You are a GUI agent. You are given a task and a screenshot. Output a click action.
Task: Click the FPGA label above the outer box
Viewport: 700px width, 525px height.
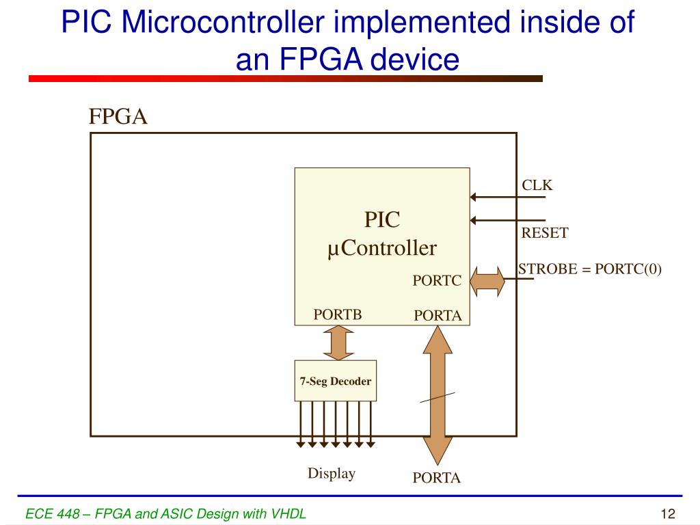point(118,117)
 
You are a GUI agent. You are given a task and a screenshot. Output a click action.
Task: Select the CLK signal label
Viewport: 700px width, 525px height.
point(537,185)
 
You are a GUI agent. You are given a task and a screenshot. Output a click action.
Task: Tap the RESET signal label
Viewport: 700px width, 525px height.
point(545,233)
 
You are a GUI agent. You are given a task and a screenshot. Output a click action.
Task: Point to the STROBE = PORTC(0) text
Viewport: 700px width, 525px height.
point(590,269)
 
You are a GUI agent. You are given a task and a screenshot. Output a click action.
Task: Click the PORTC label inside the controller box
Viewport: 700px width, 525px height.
point(437,281)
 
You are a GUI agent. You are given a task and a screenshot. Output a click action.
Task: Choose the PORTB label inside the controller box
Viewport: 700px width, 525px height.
point(337,314)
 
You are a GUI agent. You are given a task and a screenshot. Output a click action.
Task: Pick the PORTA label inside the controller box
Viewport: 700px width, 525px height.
point(438,316)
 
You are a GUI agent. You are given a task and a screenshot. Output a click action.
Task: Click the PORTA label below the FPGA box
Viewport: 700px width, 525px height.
point(437,478)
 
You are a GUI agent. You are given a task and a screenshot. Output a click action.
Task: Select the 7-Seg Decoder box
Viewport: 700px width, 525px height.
point(336,381)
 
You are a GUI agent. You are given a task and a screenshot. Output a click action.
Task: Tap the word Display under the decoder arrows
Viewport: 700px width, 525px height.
point(332,474)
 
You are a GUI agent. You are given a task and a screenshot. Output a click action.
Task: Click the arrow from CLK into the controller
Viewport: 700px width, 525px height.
point(507,198)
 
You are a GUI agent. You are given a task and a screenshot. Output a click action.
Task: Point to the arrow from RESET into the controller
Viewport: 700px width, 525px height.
point(507,220)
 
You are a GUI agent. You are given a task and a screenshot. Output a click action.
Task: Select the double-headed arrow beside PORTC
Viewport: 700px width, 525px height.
point(487,281)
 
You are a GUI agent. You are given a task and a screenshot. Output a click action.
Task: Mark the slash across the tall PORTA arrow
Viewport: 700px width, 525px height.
point(437,398)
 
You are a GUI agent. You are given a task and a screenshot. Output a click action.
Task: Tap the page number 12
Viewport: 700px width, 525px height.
point(668,514)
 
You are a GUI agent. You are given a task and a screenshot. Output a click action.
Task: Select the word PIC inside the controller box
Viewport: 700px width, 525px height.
point(381,220)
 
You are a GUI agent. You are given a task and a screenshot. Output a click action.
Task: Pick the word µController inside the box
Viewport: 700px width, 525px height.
point(381,248)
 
